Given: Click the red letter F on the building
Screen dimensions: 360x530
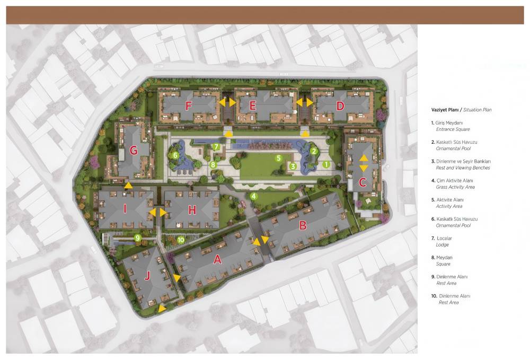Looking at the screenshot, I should [188, 106].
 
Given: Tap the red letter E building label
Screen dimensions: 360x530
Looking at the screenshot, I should [253, 106].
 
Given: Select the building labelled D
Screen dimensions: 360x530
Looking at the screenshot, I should [340, 106].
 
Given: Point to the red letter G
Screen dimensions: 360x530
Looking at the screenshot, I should [134, 151].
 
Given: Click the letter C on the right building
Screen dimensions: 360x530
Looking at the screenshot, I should [363, 183].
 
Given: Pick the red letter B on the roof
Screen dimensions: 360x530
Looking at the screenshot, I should [303, 225].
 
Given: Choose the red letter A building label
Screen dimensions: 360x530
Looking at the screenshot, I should [217, 259].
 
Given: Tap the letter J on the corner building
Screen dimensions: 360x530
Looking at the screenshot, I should [148, 275].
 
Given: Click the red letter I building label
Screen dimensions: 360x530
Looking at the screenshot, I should [125, 209].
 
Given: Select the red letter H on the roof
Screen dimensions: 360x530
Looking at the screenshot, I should [192, 210].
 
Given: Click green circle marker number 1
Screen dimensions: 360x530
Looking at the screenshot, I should [326, 164].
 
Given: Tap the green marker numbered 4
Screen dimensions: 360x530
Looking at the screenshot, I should [254, 196].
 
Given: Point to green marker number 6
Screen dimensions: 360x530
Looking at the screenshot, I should [175, 155].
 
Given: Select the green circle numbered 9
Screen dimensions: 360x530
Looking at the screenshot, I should [138, 238].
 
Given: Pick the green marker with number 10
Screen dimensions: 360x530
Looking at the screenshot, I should [181, 240].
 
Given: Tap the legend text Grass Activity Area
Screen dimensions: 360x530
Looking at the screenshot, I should [455, 187].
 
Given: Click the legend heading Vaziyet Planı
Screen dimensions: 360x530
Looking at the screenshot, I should [446, 110].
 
